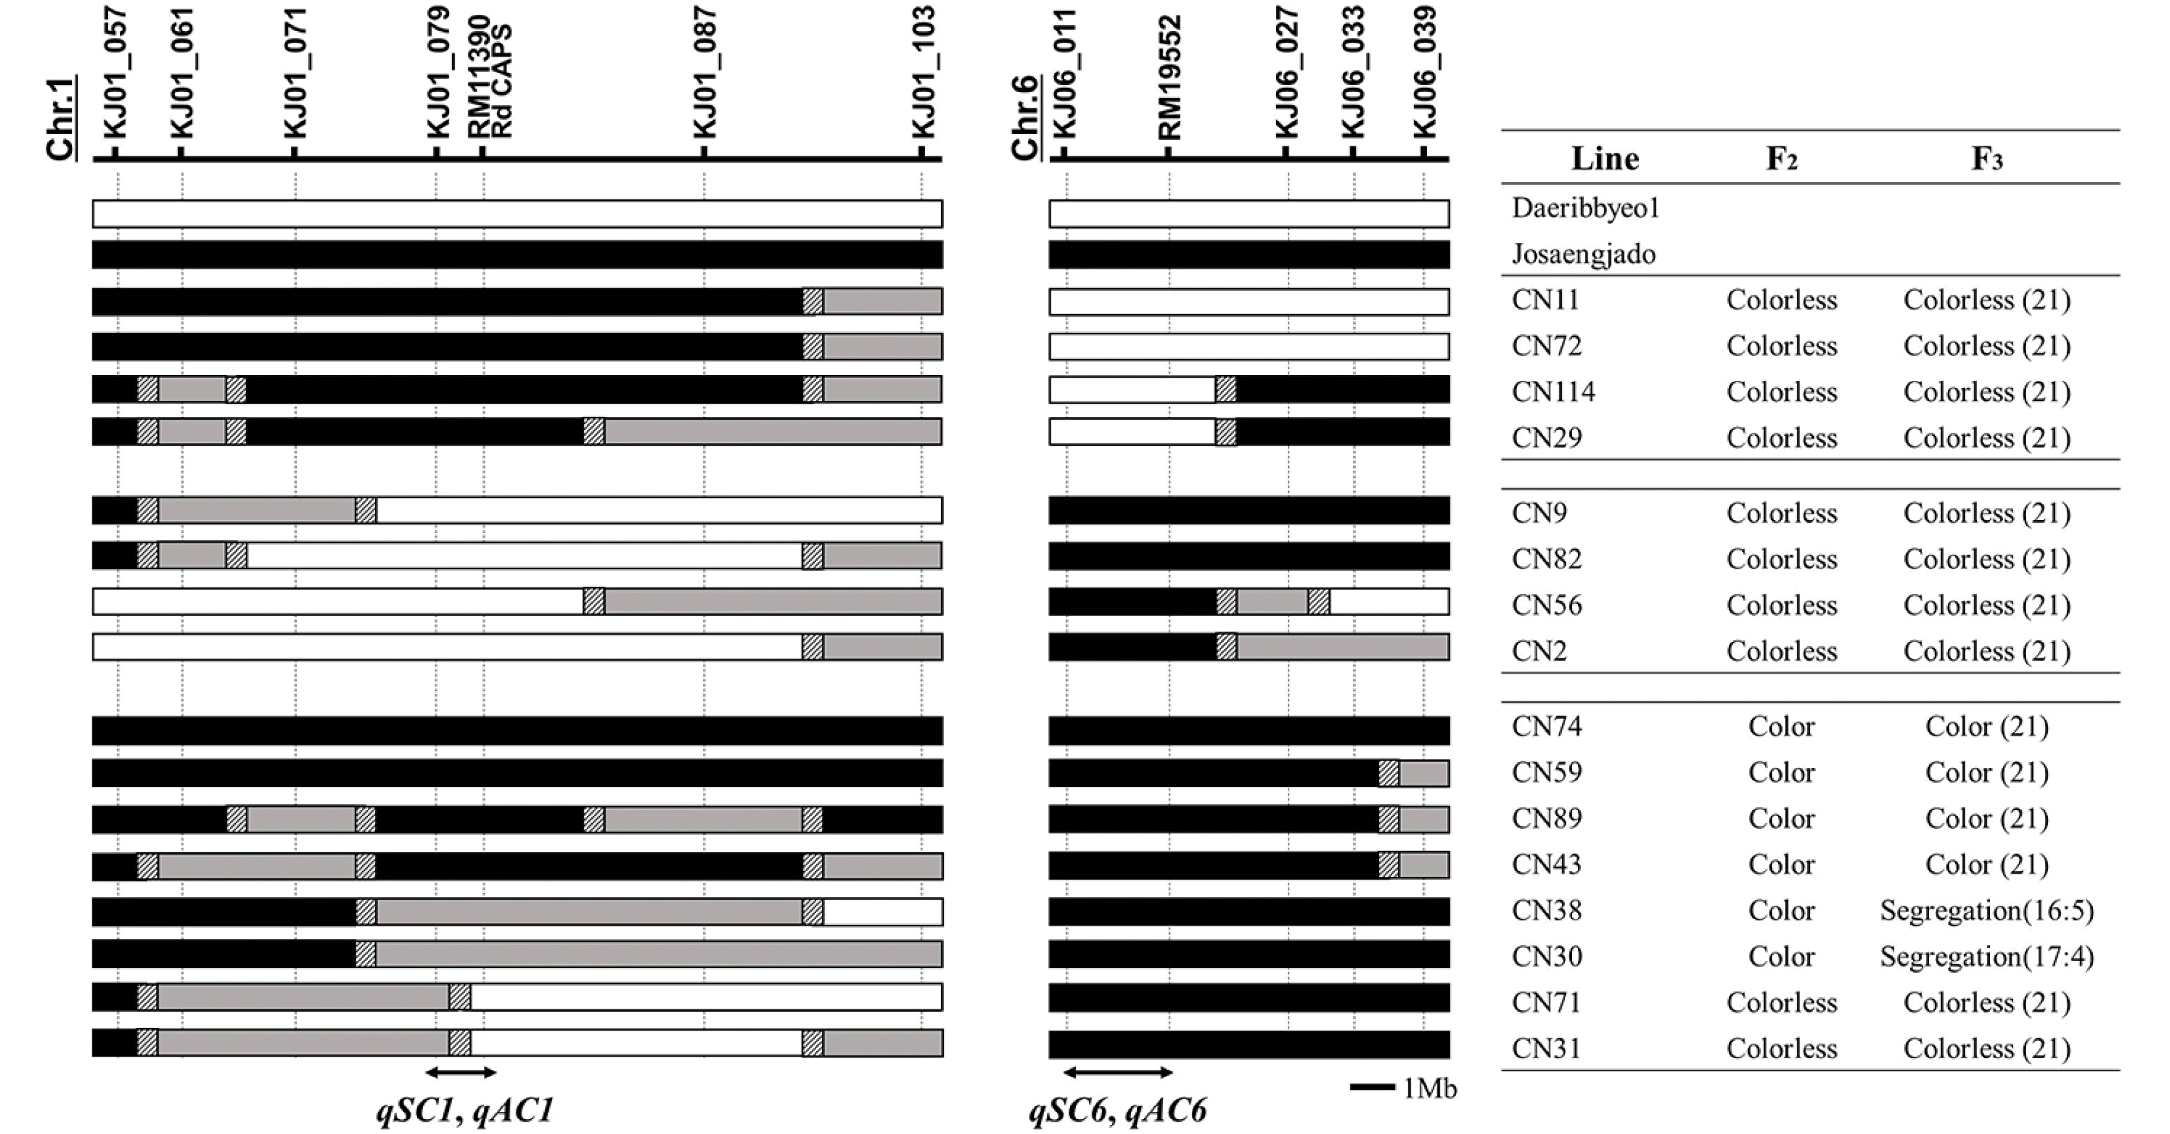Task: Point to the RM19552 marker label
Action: [x=1169, y=78]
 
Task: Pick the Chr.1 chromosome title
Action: [x=61, y=117]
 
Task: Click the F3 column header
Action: [x=1986, y=159]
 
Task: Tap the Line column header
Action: [x=1605, y=159]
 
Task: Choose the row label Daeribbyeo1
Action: [x=1585, y=208]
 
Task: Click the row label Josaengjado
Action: [x=1584, y=255]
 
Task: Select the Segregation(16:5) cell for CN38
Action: [x=1986, y=911]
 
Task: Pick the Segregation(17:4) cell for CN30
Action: [x=1986, y=957]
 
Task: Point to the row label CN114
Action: [x=1553, y=392]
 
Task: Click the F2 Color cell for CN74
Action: [x=1781, y=726]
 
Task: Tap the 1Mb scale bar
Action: [x=1371, y=1087]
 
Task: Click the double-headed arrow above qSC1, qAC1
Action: [x=461, y=1072]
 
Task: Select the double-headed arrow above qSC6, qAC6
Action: [x=1118, y=1072]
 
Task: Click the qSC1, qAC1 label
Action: [x=465, y=1111]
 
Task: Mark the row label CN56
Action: [x=1547, y=605]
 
